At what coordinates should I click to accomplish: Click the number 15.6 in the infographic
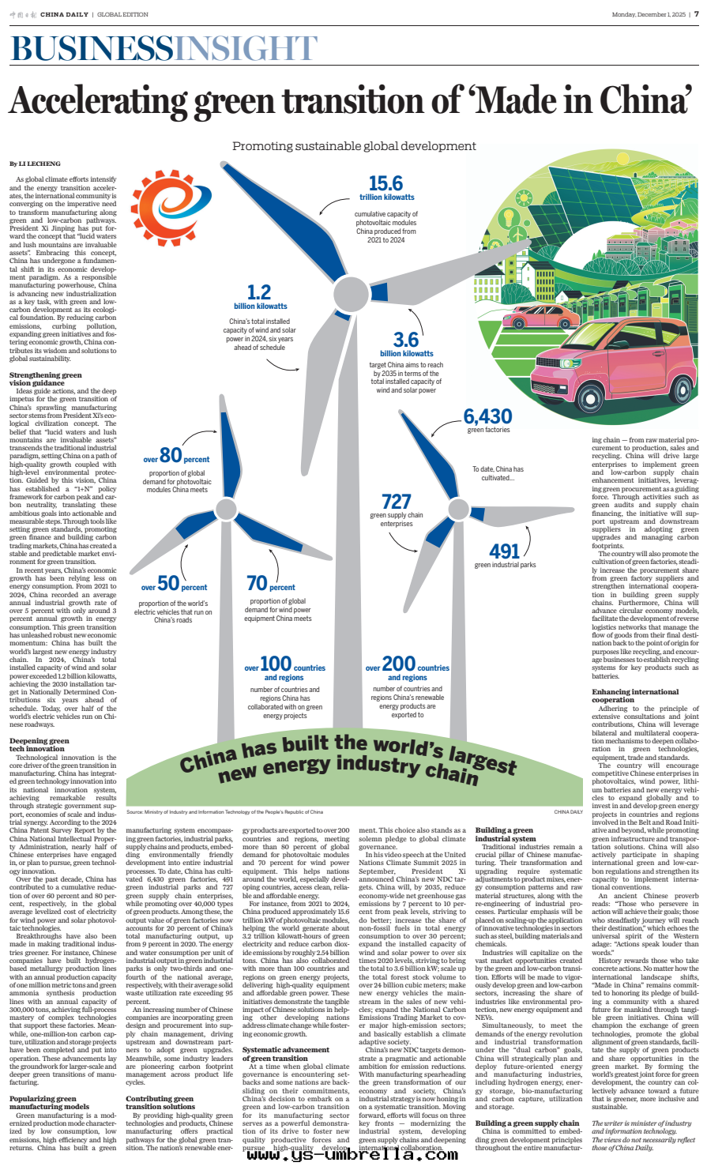click(386, 183)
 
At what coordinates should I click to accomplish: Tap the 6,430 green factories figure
click(487, 416)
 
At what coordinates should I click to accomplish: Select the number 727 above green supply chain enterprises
click(396, 501)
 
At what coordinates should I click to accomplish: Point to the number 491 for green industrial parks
click(505, 550)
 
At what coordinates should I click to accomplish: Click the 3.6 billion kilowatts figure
click(406, 339)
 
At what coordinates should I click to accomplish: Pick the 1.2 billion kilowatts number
click(259, 292)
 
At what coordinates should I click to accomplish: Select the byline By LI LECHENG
click(35, 164)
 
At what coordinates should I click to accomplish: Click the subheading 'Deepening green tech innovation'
click(39, 745)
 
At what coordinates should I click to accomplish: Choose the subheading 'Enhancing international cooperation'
click(623, 696)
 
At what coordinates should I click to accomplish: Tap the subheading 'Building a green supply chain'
click(527, 1123)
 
